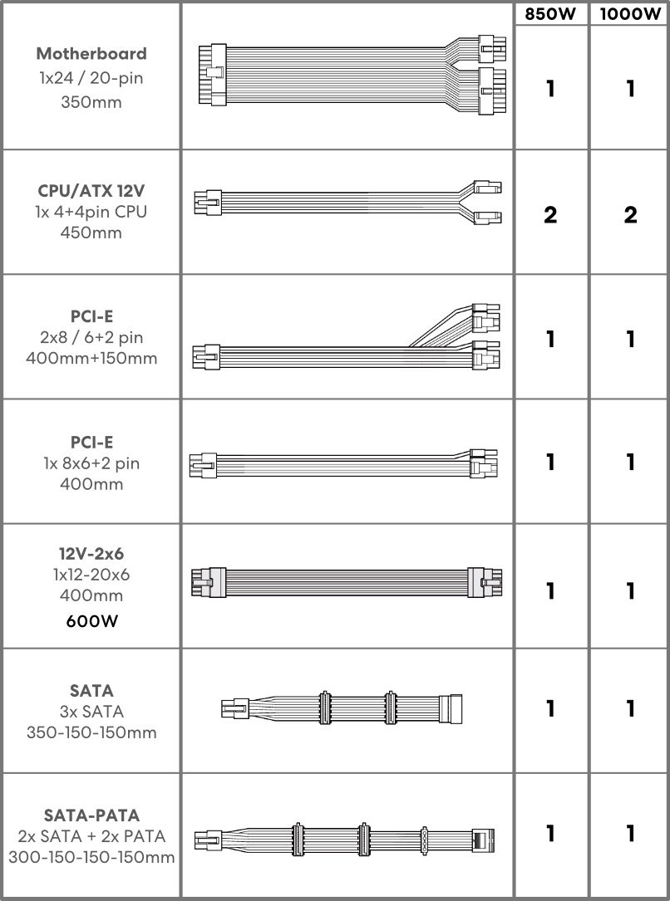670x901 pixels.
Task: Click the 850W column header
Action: click(x=549, y=14)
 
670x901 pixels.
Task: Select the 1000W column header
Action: click(x=630, y=14)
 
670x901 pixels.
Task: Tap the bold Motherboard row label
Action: click(x=91, y=53)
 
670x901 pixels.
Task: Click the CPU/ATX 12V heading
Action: click(x=91, y=190)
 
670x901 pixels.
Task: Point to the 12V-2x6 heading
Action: click(x=91, y=553)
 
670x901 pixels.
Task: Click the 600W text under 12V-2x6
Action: click(x=92, y=621)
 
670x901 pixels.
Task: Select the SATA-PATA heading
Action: click(x=91, y=815)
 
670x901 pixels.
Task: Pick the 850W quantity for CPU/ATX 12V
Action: click(x=550, y=215)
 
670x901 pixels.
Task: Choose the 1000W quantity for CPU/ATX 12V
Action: click(x=630, y=215)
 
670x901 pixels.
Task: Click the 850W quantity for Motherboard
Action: click(x=550, y=89)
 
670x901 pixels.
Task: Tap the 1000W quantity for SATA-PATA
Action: click(x=630, y=833)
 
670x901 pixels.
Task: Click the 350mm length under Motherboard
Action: click(x=91, y=102)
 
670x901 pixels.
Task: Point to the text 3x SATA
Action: click(x=91, y=712)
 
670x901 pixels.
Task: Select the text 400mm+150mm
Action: click(x=91, y=358)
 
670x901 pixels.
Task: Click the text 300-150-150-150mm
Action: click(x=91, y=857)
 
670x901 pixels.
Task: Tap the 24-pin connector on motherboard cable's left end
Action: click(x=212, y=75)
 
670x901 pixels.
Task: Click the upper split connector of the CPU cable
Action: click(x=488, y=188)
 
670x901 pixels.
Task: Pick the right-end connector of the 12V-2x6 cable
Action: click(x=485, y=583)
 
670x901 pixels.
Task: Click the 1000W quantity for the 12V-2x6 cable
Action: click(x=630, y=590)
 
